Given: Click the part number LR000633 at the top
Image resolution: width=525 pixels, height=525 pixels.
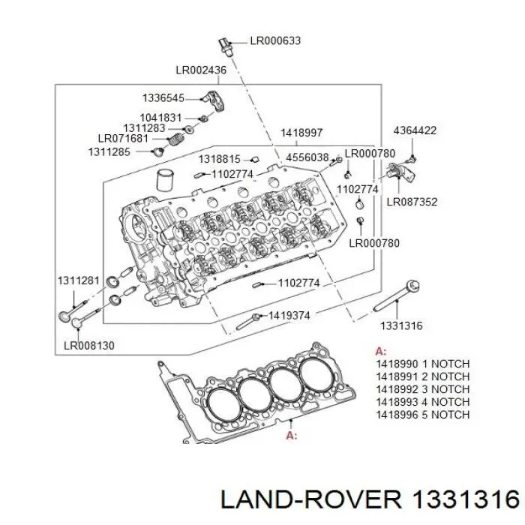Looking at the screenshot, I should (x=275, y=40).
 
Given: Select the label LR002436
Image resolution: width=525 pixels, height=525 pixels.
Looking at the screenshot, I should (x=201, y=70).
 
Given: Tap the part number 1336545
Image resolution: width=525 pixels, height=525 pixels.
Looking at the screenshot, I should (x=163, y=98).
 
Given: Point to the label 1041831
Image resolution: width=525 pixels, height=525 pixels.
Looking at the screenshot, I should (x=160, y=118).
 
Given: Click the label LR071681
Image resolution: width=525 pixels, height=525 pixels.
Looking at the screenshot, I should (x=124, y=139).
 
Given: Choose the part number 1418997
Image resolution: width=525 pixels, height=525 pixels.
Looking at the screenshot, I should (x=302, y=133).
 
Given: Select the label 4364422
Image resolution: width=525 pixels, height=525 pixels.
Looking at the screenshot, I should (x=415, y=130).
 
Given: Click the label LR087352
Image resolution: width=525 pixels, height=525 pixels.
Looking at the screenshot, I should (x=412, y=202).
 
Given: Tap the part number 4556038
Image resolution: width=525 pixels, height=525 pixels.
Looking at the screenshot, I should (x=307, y=157).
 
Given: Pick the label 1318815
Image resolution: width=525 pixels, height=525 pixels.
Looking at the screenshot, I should (x=219, y=159).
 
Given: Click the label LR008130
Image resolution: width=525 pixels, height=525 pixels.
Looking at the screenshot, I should (x=88, y=346).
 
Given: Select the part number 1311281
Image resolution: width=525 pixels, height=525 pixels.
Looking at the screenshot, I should (x=78, y=280).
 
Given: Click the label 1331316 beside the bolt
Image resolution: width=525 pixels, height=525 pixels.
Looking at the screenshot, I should (x=401, y=325).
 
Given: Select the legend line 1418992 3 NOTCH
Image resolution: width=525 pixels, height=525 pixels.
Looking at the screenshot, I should (x=422, y=389).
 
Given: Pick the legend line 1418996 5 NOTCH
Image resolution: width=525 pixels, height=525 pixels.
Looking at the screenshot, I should (x=422, y=415).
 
